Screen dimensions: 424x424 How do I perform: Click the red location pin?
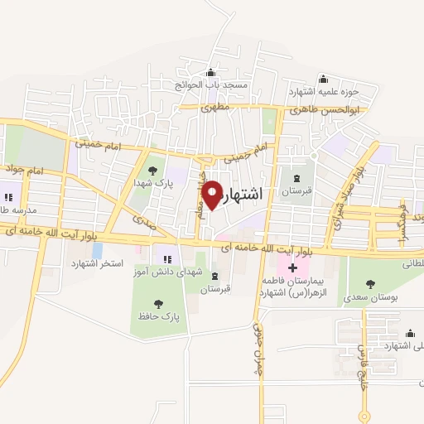212,195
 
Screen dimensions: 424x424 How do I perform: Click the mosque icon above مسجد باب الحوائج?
211,72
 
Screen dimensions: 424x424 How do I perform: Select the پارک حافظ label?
160,316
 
